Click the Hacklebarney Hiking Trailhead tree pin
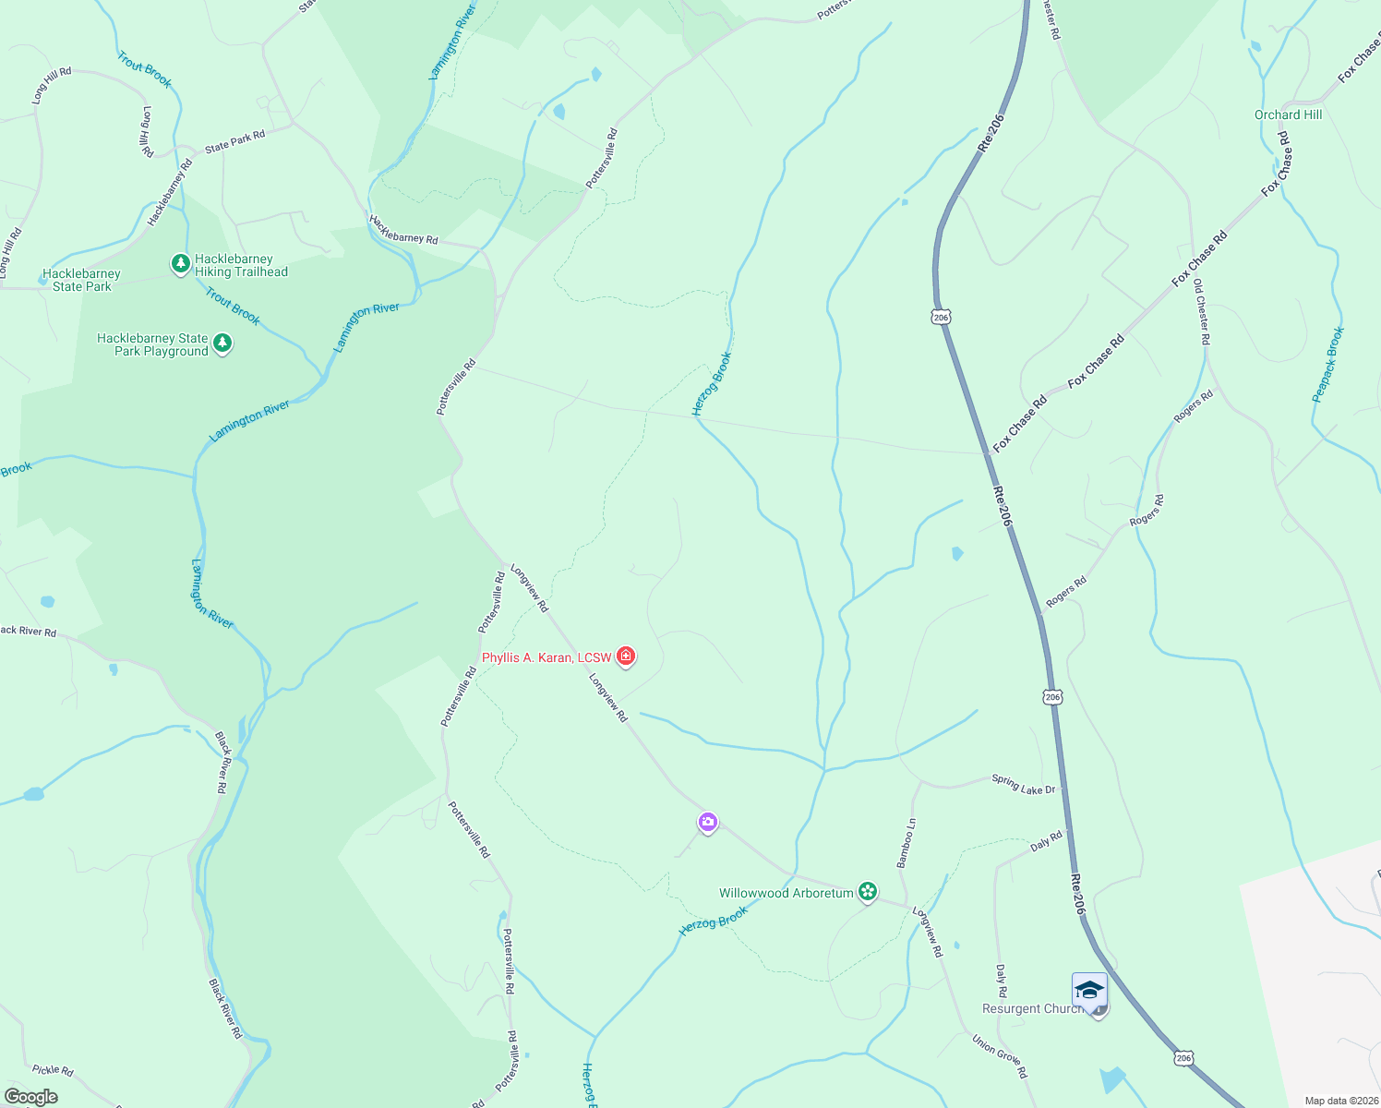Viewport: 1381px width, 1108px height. (181, 264)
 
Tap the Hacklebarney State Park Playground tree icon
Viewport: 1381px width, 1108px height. (222, 343)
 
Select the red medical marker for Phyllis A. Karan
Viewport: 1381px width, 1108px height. (626, 656)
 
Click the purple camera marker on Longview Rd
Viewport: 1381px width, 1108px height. (707, 822)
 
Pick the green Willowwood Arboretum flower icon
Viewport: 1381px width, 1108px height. (867, 892)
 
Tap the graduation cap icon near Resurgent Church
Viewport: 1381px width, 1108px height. (1089, 991)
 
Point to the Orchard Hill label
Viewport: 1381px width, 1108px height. (1288, 114)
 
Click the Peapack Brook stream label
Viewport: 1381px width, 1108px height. (1327, 365)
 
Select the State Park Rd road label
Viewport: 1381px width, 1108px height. (234, 141)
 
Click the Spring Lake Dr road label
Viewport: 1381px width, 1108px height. (1023, 784)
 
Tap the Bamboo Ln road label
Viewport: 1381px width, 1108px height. (906, 842)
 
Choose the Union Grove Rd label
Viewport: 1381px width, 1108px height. (999, 1055)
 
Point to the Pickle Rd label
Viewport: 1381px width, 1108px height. (53, 1069)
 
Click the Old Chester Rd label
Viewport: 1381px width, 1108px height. (1201, 312)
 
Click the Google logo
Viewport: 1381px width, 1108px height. (31, 1097)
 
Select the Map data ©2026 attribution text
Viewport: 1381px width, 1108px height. (1340, 1101)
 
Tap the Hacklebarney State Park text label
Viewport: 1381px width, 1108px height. (81, 280)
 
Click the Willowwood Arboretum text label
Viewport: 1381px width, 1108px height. (786, 893)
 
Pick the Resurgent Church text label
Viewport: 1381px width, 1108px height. (1032, 1009)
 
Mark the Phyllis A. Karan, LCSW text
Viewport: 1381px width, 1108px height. (546, 657)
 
